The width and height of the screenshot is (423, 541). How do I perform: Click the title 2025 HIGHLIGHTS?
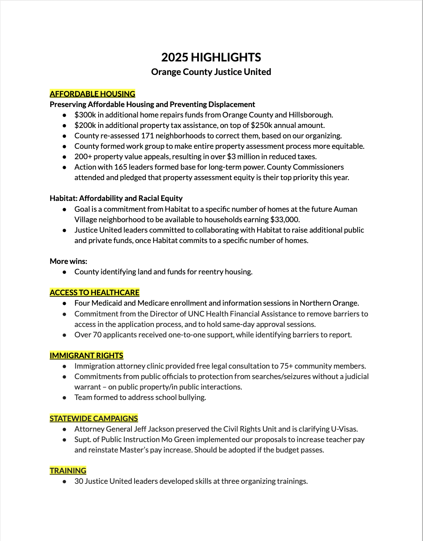[211, 58]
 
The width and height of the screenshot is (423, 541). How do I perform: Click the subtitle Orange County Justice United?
[211, 72]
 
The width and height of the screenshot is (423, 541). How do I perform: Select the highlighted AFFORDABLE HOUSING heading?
[92, 94]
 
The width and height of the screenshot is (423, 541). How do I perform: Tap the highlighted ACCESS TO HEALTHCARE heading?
[94, 293]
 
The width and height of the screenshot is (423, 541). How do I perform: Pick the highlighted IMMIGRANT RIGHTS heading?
[86, 356]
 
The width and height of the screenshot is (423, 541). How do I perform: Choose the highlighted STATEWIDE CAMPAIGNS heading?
[94, 419]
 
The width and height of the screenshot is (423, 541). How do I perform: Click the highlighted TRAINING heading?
[68, 471]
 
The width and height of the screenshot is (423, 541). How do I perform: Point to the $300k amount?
[85, 115]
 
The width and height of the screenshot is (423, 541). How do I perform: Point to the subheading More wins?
[68, 261]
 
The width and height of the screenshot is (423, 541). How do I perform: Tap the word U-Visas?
[344, 429]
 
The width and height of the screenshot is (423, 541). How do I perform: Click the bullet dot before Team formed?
[65, 398]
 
